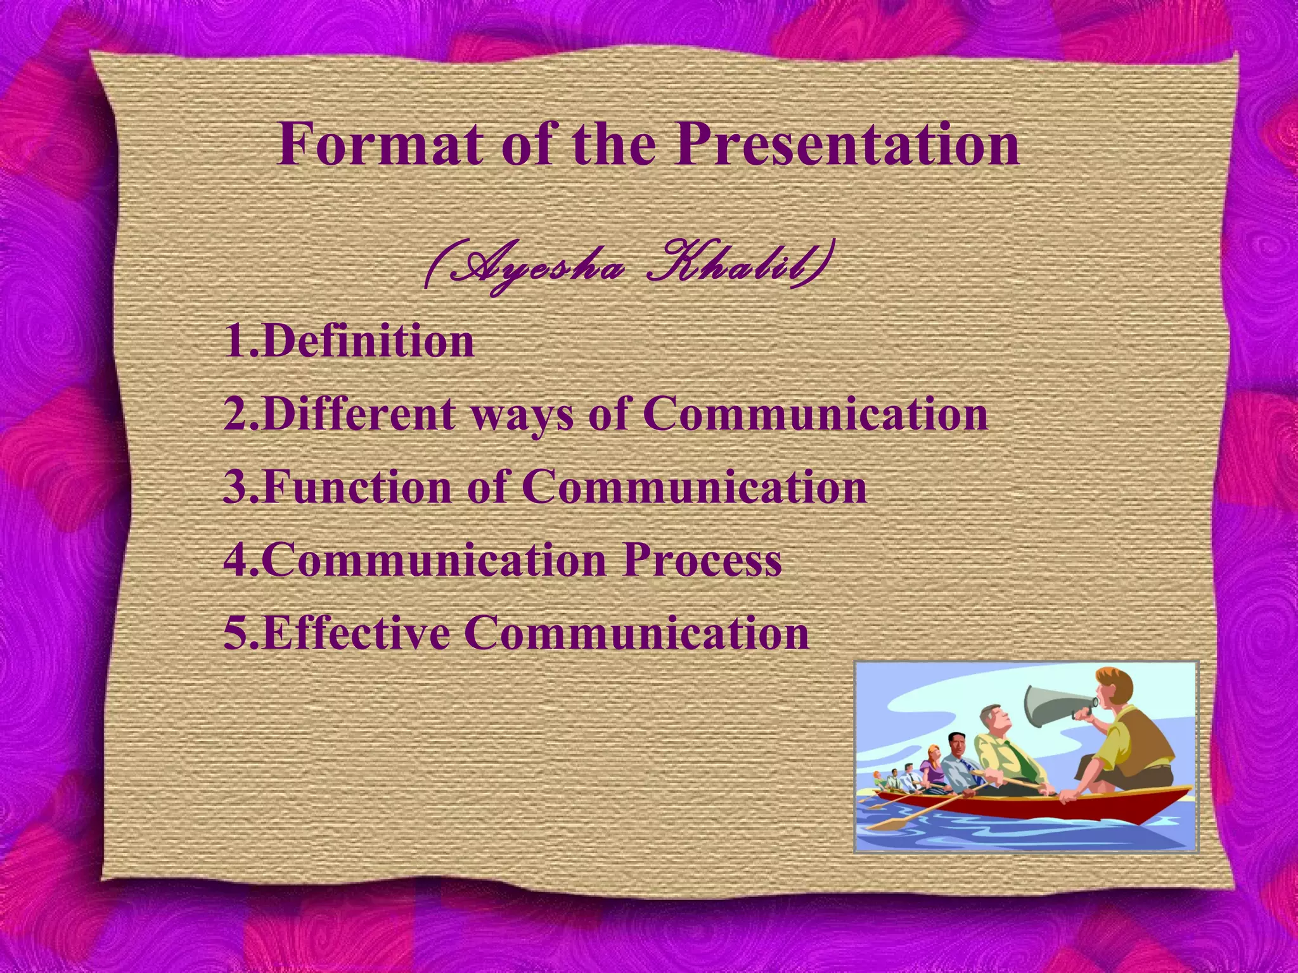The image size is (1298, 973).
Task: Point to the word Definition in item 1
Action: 367,341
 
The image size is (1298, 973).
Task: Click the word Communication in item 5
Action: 636,633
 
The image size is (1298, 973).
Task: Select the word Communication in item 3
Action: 694,488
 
